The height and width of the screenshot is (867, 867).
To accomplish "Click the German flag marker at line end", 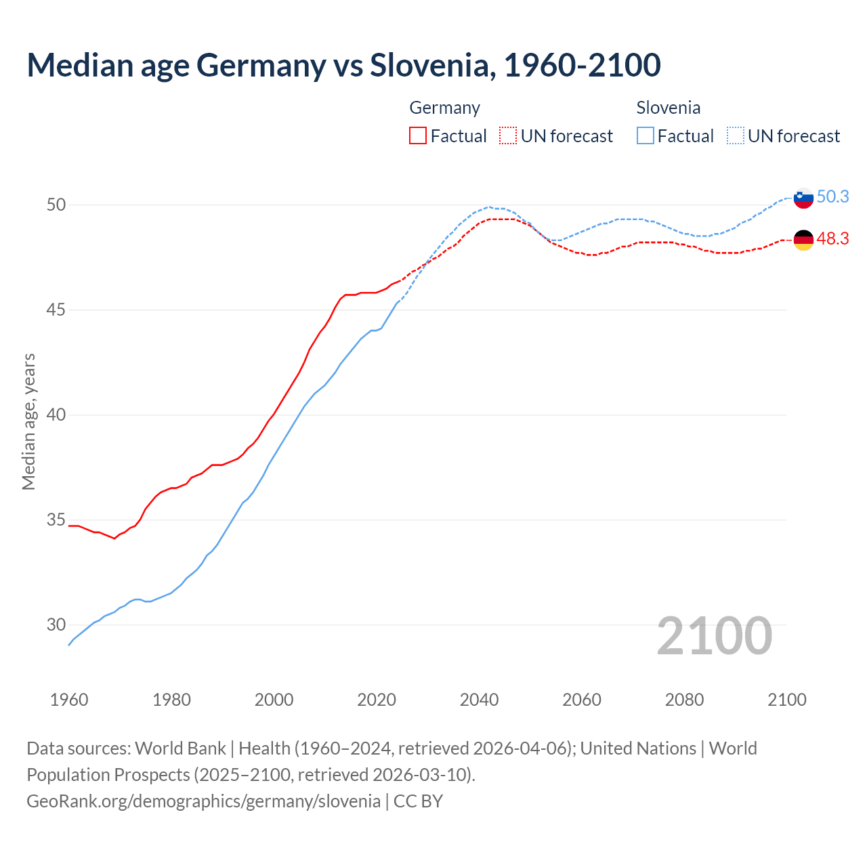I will tap(803, 240).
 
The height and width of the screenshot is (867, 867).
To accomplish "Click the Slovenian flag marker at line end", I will tap(803, 198).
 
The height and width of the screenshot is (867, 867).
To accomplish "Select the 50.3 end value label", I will tap(832, 197).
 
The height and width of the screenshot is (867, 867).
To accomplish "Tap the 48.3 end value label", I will tap(832, 239).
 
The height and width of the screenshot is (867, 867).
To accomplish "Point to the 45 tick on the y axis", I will tap(56, 310).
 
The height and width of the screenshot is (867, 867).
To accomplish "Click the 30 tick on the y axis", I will tap(56, 625).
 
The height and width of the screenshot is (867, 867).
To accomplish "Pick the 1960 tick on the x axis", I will tap(69, 700).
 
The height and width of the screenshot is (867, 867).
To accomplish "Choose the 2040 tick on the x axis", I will tap(479, 700).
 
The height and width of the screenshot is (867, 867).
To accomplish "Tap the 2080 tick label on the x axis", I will tap(684, 700).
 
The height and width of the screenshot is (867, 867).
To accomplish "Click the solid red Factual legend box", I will tap(418, 136).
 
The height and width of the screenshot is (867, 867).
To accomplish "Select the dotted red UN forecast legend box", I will tap(508, 136).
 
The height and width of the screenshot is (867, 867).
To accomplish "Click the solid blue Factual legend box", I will tap(646, 136).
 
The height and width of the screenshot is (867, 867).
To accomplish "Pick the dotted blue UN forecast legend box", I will tap(736, 136).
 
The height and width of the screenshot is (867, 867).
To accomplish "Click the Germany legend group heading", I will tap(444, 108).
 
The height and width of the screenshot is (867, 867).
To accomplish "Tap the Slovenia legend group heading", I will tap(668, 108).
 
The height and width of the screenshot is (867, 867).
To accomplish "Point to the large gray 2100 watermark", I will tap(714, 635).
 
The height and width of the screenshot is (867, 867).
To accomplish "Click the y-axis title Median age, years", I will tap(28, 421).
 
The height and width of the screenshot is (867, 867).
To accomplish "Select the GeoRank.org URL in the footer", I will tap(203, 801).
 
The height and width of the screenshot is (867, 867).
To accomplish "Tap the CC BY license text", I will tap(418, 801).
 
